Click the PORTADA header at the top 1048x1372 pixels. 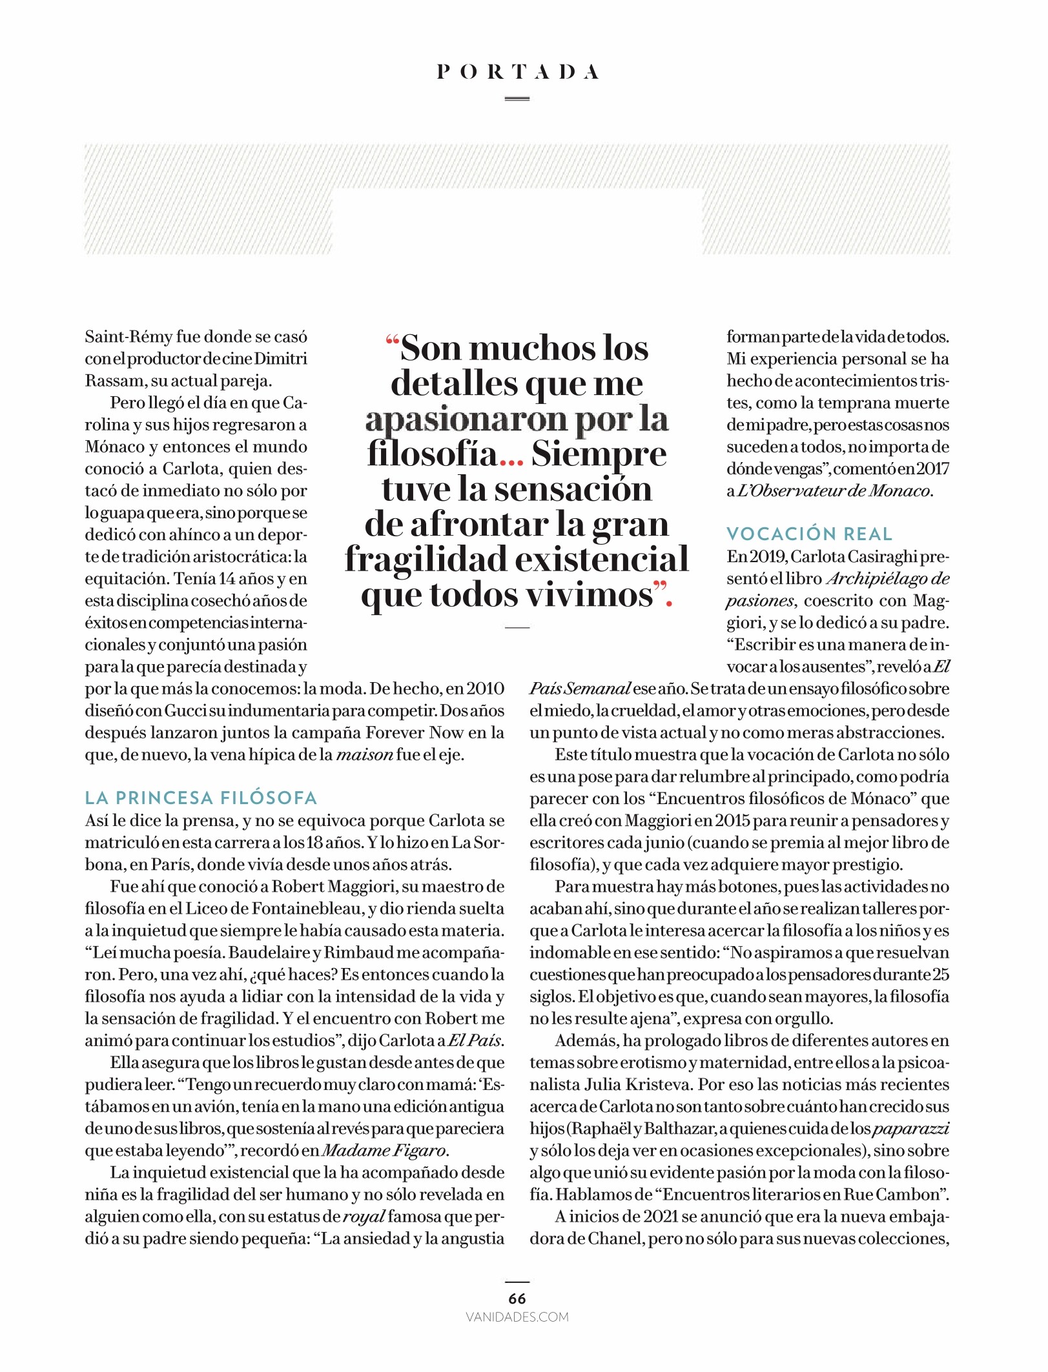pyautogui.click(x=517, y=72)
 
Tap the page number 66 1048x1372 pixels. pyautogui.click(x=517, y=1298)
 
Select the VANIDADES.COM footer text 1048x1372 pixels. pyautogui.click(x=517, y=1317)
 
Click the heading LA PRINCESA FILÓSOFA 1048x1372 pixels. pyautogui.click(x=201, y=798)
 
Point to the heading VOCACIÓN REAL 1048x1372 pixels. pyautogui.click(x=809, y=534)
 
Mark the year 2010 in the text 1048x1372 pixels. pyautogui.click(x=485, y=689)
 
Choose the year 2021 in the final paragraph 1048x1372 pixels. pyautogui.click(x=655, y=1216)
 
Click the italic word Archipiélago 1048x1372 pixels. pyautogui.click(x=878, y=579)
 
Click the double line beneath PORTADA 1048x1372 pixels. pyautogui.click(x=517, y=99)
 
